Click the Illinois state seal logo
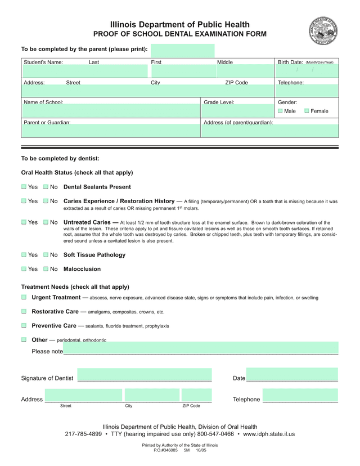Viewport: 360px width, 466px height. click(323, 31)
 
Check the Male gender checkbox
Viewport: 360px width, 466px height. click(281, 111)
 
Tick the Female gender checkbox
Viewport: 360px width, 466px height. click(307, 111)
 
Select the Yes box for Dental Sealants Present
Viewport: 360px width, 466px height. click(24, 187)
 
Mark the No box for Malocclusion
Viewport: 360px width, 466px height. click(46, 269)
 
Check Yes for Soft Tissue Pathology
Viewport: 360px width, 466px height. click(24, 255)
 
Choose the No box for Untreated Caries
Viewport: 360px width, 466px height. click(46, 222)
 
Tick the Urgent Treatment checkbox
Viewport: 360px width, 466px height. click(24, 297)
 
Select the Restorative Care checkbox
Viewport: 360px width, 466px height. click(24, 311)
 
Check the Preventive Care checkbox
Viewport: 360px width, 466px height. click(24, 325)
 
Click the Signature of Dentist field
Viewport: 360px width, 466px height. click(145, 375)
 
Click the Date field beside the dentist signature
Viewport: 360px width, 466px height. click(292, 375)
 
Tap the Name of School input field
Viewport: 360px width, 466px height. click(111, 111)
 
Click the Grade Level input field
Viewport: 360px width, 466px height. click(237, 111)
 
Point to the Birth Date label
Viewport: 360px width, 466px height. click(290, 62)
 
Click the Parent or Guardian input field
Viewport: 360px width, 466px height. click(111, 131)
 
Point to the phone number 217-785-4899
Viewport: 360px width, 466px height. click(83, 434)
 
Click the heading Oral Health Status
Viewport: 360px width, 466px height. click(77, 173)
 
